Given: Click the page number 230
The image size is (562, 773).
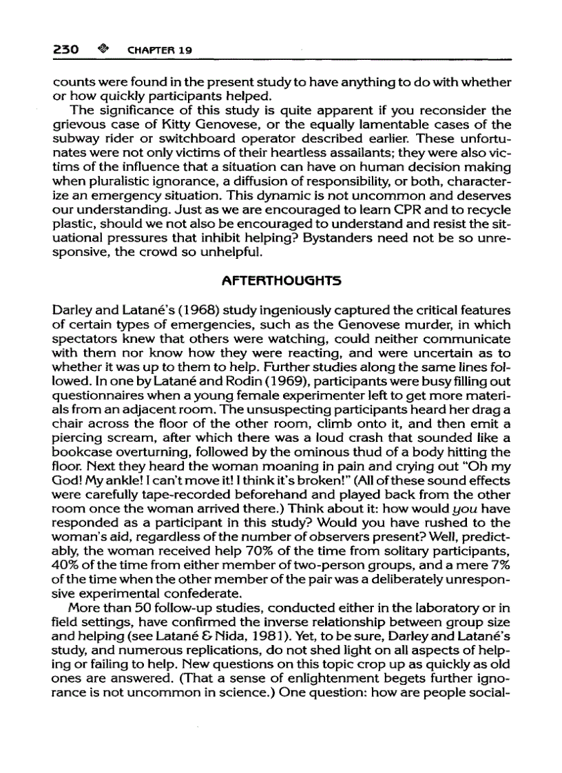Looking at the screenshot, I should pos(67,50).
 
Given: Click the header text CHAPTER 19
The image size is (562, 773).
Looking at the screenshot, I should pos(158,50).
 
